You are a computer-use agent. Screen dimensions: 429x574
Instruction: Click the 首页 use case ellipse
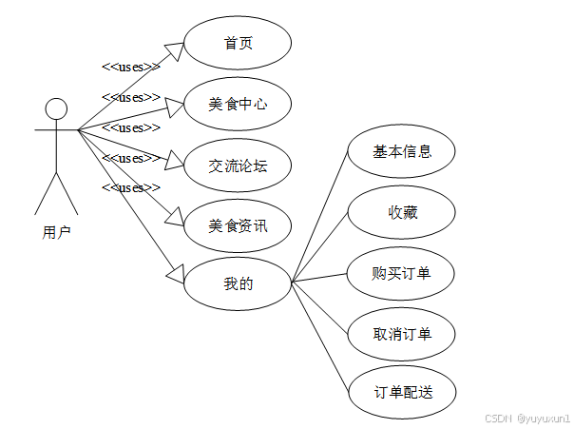click(x=238, y=43)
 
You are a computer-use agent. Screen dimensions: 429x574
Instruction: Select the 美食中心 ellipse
click(x=238, y=104)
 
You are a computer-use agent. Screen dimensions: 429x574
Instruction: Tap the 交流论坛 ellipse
click(x=238, y=165)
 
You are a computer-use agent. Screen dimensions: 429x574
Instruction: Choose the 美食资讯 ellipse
click(x=238, y=225)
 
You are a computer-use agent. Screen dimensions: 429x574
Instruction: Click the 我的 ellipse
click(x=238, y=282)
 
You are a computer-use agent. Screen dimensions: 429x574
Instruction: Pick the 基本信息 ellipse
click(x=402, y=150)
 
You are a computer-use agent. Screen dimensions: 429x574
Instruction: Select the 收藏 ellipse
click(x=402, y=212)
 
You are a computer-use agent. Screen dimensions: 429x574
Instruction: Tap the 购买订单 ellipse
click(x=402, y=273)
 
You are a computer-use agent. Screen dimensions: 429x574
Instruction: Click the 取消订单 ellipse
click(x=402, y=333)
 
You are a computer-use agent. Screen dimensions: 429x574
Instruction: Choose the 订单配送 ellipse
click(x=402, y=391)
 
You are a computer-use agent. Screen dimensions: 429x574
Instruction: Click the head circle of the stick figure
click(x=57, y=107)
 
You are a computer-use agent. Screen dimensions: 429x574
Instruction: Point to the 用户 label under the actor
click(x=56, y=230)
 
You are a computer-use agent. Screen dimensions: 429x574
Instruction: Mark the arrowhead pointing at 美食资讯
click(x=175, y=218)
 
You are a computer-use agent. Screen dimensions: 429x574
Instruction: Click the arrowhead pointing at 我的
click(x=175, y=274)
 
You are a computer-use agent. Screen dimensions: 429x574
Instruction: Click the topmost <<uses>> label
click(x=130, y=67)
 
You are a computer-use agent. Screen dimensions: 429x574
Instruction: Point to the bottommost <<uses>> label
click(x=130, y=187)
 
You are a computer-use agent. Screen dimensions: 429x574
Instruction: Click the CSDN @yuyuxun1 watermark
click(x=526, y=418)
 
